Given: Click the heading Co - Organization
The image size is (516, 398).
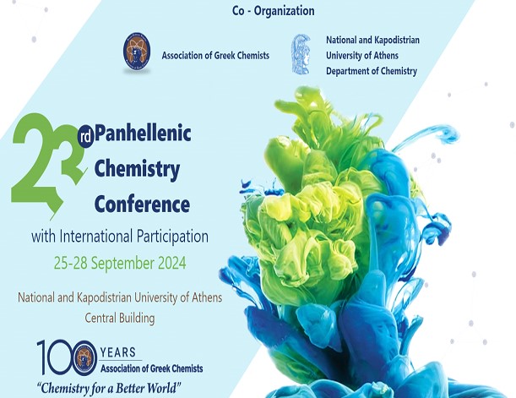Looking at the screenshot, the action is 273,11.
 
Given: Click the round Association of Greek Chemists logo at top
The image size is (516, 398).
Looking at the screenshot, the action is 137,52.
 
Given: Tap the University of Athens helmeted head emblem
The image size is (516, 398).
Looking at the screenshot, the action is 301,54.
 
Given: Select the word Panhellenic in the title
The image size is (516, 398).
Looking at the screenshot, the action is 143,134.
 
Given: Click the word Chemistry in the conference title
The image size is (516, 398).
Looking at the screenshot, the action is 137,169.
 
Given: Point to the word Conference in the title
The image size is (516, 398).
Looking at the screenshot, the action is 142,204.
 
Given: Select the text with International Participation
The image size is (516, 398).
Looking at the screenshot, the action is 120,237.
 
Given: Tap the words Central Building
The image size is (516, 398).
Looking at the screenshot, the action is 120,318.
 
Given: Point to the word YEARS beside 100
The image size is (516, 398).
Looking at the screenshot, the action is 118,352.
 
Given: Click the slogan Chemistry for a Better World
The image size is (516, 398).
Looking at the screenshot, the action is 109,388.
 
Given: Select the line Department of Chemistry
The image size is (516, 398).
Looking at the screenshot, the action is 372,71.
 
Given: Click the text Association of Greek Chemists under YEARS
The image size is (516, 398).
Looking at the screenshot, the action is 152,368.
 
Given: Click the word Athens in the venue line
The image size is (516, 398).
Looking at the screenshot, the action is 206,297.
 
